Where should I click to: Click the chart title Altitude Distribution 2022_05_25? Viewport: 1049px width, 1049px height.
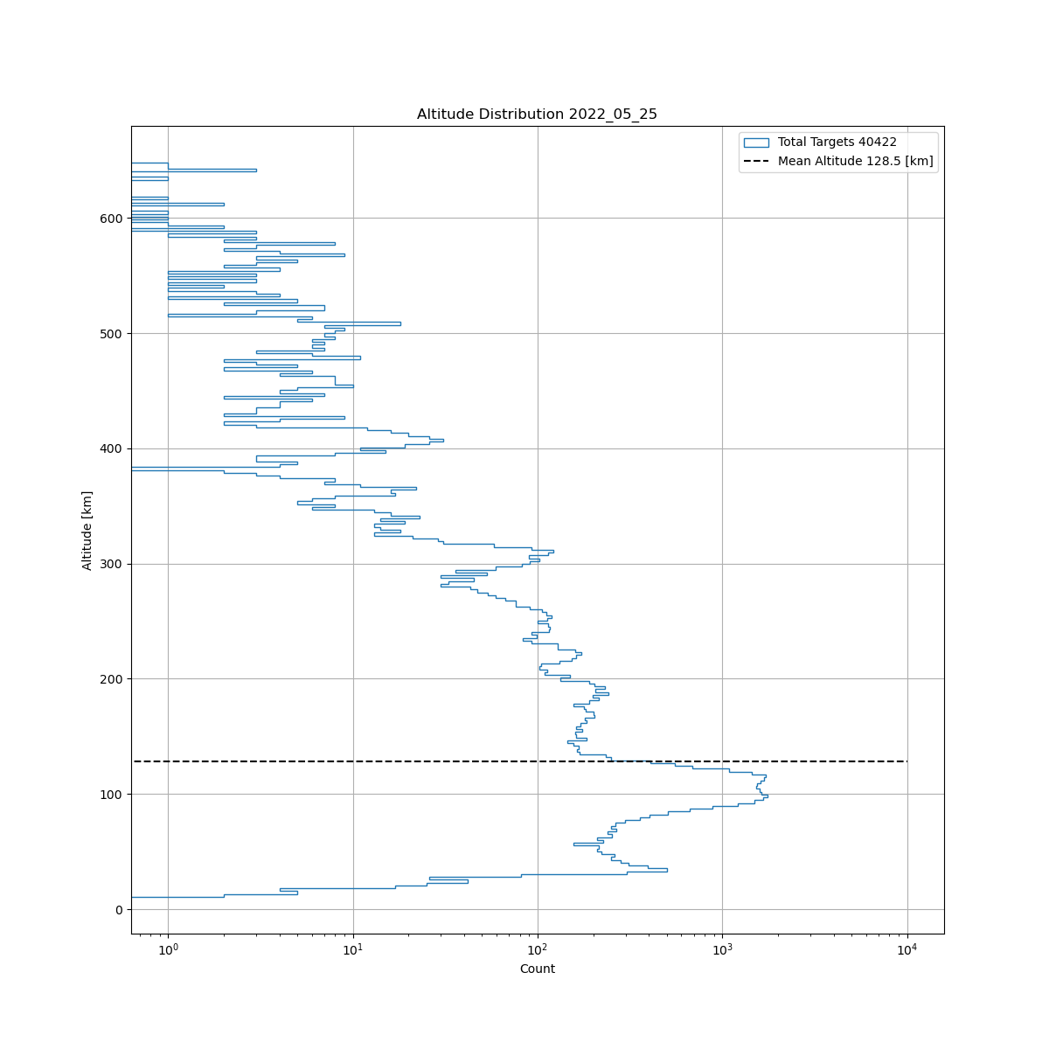click(537, 115)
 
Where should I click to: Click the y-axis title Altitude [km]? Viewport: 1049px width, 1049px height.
click(87, 531)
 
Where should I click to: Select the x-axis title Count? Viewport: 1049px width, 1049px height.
click(537, 969)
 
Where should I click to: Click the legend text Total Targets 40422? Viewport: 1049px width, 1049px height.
click(837, 142)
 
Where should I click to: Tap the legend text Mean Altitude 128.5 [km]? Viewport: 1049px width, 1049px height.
click(855, 162)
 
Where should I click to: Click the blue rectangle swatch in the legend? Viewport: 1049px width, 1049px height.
click(756, 142)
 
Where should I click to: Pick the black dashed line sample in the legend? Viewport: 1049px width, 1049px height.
click(756, 162)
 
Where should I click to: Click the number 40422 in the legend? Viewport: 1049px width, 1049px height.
click(877, 142)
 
